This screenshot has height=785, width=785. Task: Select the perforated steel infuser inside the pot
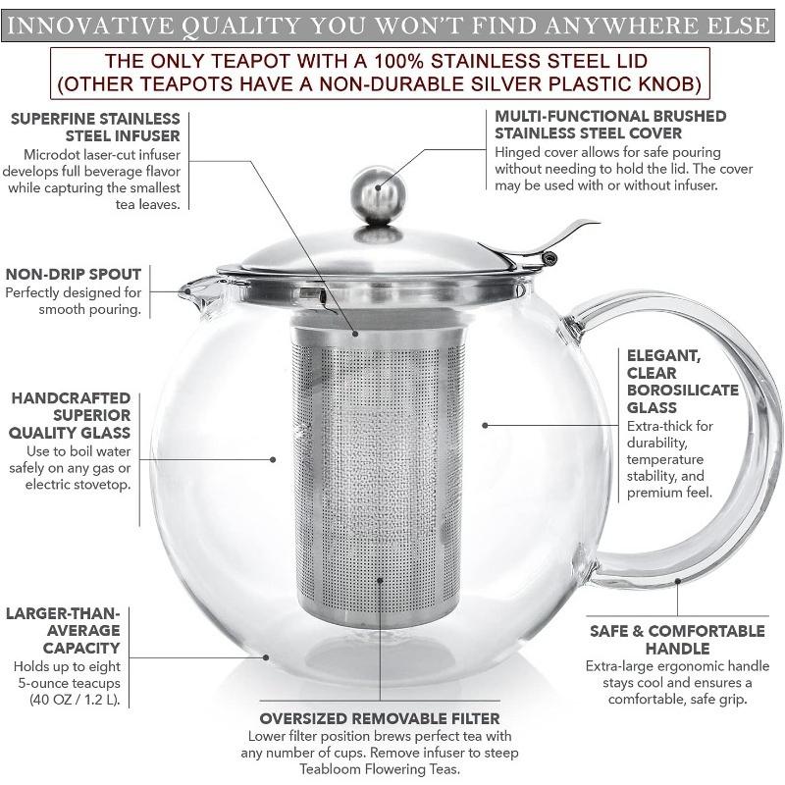point(378,471)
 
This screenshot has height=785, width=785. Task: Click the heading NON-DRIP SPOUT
point(74,274)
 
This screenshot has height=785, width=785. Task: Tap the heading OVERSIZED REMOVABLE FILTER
point(379,718)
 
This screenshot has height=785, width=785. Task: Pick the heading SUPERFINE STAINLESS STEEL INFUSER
point(96,127)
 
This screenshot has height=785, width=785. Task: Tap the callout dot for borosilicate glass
point(485,425)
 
